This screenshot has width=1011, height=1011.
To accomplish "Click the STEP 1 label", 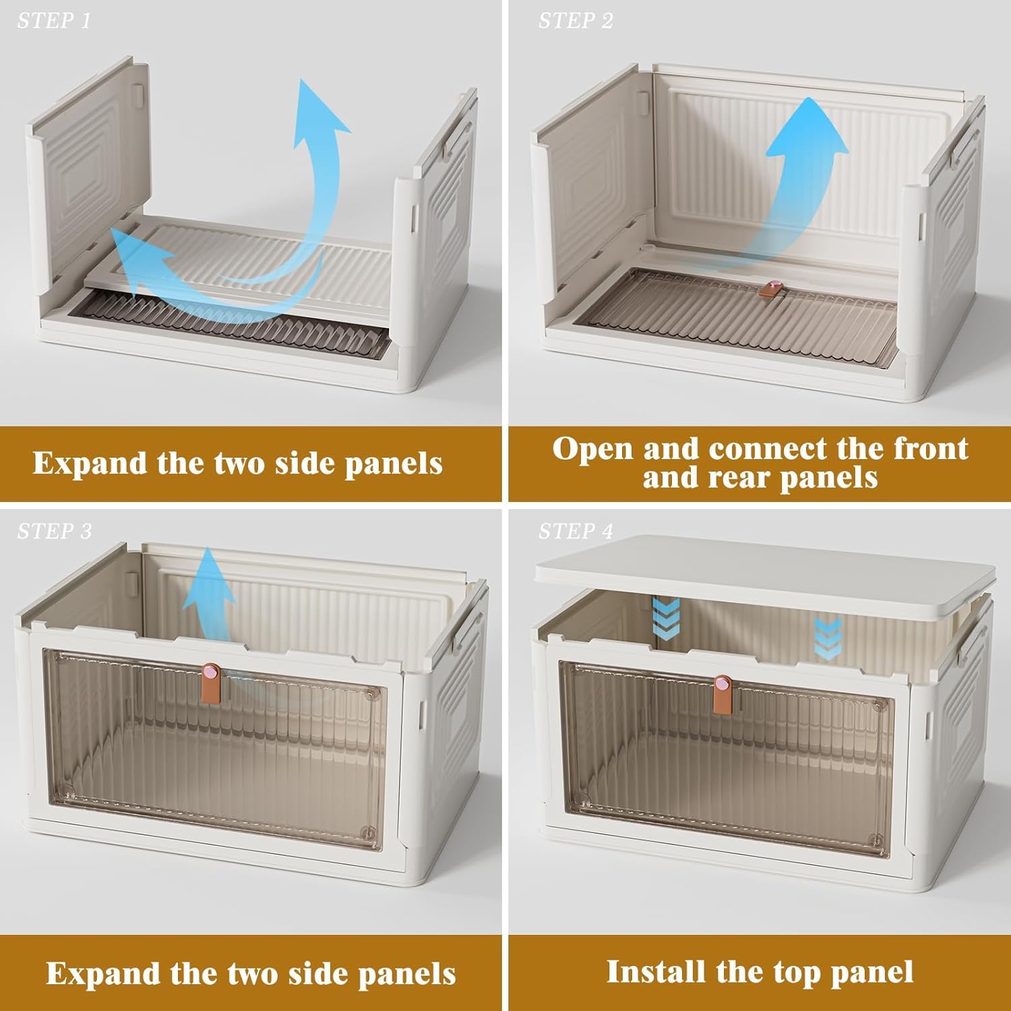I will pos(54,22).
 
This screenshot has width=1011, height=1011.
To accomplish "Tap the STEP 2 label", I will pos(576,22).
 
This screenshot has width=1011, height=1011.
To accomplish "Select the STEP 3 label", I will pos(55,532).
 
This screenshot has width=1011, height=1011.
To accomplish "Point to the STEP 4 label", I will pos(576,532).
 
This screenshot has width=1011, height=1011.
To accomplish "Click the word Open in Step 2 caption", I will pos(593,449).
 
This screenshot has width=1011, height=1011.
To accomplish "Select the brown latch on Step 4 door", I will pos(722,693).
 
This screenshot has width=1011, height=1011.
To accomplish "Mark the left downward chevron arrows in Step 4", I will pos(667,617).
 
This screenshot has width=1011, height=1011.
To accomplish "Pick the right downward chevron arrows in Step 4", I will pos(827,637).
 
